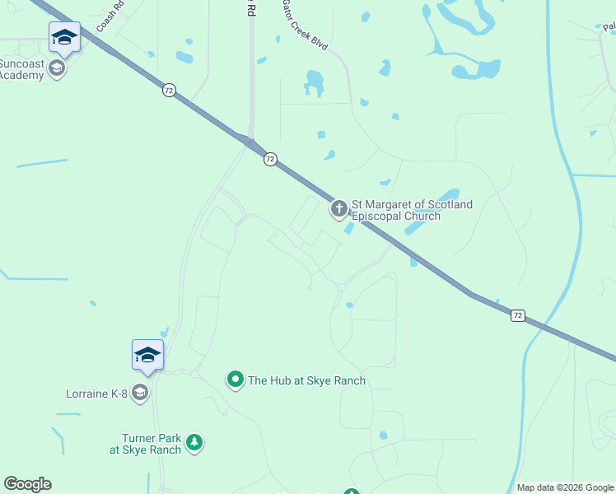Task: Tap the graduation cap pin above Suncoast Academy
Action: (65, 37)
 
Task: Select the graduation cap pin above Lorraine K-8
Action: (148, 355)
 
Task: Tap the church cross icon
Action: (339, 209)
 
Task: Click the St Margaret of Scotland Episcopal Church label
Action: (412, 210)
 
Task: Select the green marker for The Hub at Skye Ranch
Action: (236, 380)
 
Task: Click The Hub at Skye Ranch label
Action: (306, 380)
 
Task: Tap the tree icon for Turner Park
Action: (194, 443)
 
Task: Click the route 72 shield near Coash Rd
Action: (169, 91)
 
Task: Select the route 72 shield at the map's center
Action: (270, 159)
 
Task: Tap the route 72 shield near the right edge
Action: (517, 315)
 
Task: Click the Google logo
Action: (27, 484)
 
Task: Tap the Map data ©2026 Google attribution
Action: (566, 487)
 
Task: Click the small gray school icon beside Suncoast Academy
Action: (58, 68)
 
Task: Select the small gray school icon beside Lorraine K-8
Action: (140, 393)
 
